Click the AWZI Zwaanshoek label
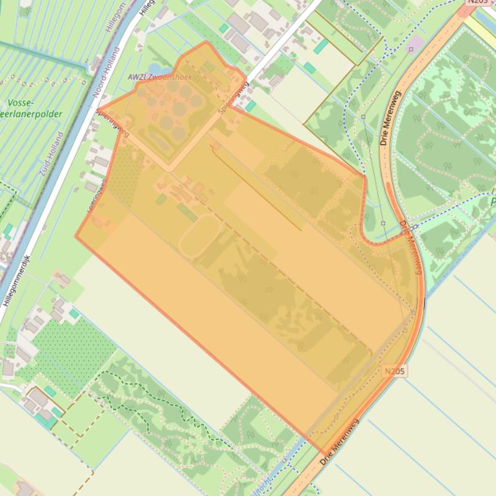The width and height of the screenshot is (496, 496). click(160, 77)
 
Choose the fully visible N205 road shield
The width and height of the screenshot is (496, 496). click(395, 372)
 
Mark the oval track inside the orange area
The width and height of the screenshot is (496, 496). click(200, 235)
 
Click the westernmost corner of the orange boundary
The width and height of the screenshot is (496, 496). click(76, 236)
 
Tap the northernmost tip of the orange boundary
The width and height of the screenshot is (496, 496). click(206, 43)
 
